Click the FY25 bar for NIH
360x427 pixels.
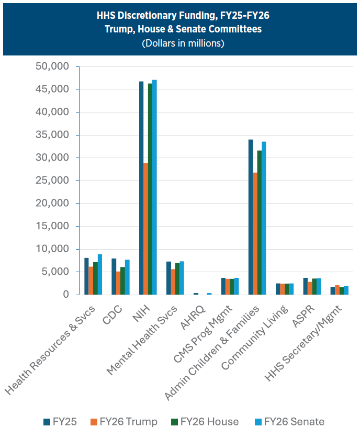[141, 188]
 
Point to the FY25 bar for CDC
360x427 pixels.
[114, 277]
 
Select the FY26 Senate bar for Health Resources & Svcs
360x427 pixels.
[100, 275]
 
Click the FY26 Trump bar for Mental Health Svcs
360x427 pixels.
[173, 282]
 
